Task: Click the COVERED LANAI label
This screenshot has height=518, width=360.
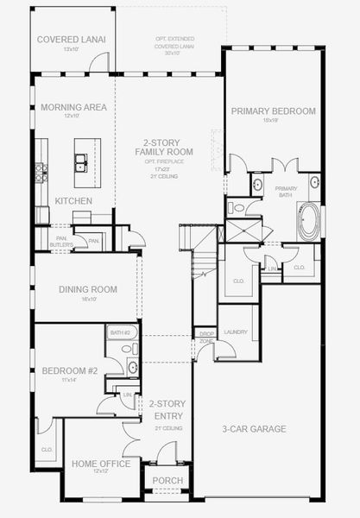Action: [71, 39]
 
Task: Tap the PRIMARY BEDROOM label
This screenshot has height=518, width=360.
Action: [272, 111]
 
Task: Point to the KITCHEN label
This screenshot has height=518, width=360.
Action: [73, 200]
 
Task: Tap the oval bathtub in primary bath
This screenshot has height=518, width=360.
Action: [308, 222]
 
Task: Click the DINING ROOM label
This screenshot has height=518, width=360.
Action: [86, 290]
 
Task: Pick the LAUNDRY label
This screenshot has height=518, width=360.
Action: [237, 331]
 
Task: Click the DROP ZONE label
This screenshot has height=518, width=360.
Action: [205, 337]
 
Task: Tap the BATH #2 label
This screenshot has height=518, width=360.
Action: [119, 332]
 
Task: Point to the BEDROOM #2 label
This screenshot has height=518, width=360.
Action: [71, 371]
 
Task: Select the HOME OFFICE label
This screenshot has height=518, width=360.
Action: [101, 464]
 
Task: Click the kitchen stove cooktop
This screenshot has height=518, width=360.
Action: [41, 173]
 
